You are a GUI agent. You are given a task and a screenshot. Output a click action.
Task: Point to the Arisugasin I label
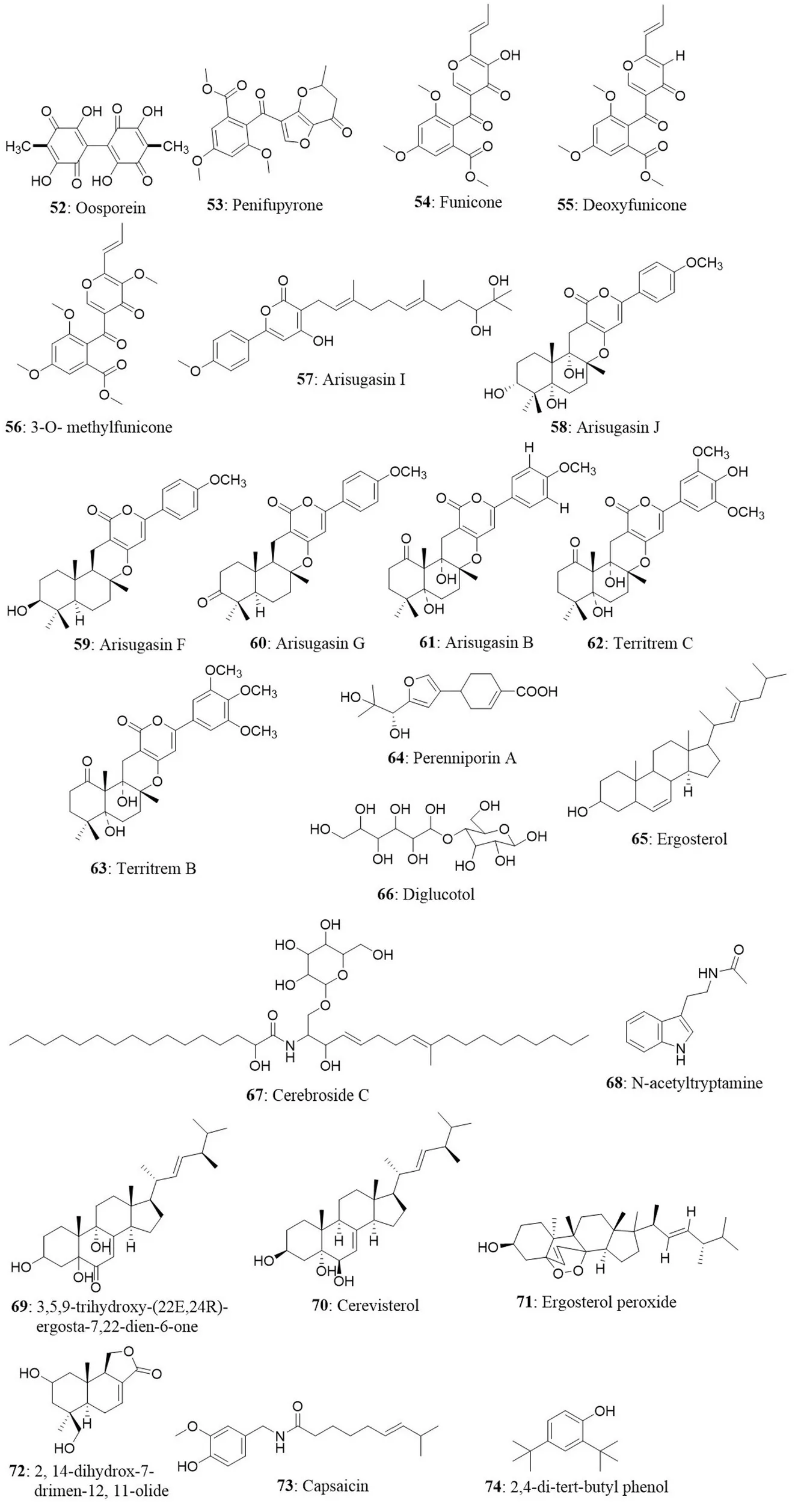pos(363,379)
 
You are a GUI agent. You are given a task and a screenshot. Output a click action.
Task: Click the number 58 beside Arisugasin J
pos(559,427)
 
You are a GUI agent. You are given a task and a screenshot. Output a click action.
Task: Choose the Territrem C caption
pos(653,643)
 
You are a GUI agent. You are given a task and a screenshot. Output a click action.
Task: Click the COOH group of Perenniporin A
pos(536,692)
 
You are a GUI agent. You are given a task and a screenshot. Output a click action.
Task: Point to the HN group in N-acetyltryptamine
pos(708,973)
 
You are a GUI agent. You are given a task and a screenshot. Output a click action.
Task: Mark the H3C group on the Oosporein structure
pos(17,147)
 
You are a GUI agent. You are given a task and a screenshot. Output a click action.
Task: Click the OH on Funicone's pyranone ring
pos(510,55)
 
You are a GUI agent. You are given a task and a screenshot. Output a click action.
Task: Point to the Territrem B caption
pos(156,869)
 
